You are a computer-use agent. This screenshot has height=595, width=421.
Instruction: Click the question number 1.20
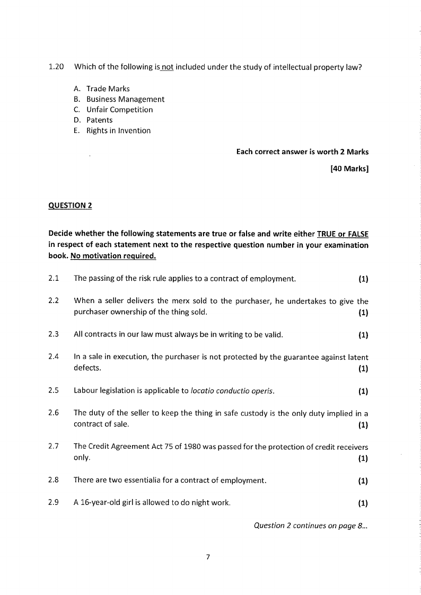click(x=56, y=67)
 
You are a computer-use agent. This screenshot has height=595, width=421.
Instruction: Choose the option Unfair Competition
click(x=119, y=110)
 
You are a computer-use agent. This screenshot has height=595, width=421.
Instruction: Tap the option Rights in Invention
click(x=118, y=131)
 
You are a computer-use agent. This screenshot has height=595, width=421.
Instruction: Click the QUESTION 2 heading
click(x=70, y=206)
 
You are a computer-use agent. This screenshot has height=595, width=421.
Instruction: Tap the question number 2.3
click(x=53, y=334)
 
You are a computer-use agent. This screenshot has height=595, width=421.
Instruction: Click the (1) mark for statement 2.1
click(x=363, y=279)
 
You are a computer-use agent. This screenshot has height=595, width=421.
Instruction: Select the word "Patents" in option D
click(x=100, y=120)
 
